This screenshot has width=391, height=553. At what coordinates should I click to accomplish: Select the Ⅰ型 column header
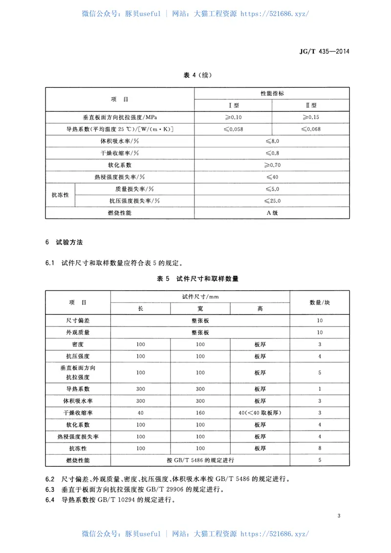point(233,105)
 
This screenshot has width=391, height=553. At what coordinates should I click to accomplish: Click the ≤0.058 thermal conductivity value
point(233,129)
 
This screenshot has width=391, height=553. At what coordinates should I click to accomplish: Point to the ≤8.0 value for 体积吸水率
point(272,141)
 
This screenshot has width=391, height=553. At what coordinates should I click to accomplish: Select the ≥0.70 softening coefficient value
point(272,165)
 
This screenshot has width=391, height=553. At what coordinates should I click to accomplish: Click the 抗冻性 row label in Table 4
point(61,195)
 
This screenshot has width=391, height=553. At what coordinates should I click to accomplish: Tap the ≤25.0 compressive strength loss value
point(272,200)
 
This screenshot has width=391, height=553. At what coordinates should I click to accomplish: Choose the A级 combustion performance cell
point(272,213)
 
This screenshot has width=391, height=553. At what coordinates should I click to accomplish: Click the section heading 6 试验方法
point(67,243)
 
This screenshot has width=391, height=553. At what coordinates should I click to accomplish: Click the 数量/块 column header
point(320,303)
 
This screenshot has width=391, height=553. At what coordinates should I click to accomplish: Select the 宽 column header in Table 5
point(200,309)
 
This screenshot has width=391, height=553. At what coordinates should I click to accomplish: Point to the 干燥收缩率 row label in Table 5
point(78,413)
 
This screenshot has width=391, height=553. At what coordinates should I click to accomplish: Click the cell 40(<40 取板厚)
point(260,413)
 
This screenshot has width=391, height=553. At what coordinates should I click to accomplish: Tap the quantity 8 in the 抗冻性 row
point(320,448)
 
